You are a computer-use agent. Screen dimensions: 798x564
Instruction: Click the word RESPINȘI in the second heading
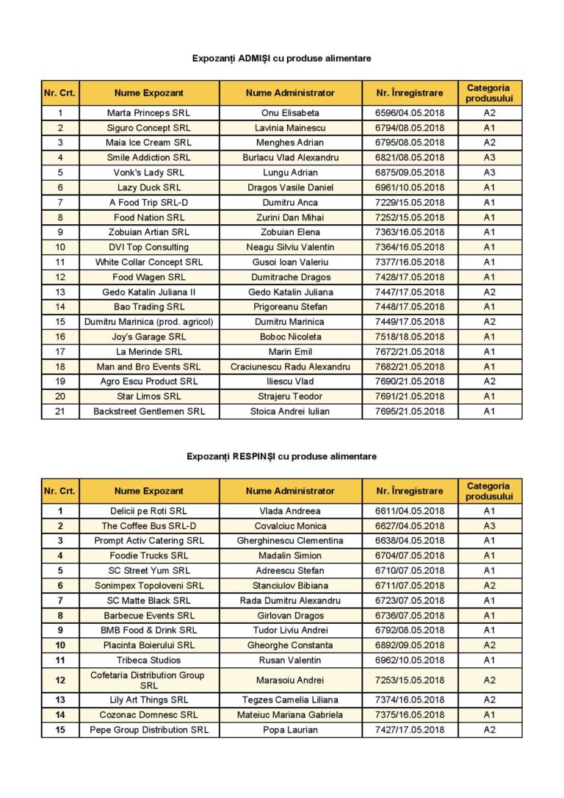tap(254, 456)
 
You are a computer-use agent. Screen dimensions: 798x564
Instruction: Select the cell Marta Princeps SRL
tap(149, 113)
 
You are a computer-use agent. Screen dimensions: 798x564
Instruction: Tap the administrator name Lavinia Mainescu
tap(290, 128)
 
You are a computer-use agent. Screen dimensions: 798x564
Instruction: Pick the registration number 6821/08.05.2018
tap(410, 157)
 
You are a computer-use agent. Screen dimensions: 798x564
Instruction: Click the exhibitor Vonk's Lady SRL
tap(149, 173)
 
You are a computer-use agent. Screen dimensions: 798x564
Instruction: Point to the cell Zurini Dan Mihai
tap(290, 218)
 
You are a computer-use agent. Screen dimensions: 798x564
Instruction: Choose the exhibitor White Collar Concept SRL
tap(149, 262)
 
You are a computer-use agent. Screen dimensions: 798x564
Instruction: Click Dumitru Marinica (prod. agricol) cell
tap(149, 322)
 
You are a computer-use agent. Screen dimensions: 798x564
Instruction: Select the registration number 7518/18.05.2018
tap(410, 337)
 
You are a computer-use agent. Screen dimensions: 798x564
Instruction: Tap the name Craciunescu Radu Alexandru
tap(290, 367)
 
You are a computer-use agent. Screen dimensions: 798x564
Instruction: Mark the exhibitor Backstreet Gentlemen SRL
tap(149, 411)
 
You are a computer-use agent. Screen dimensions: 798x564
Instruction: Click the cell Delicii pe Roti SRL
tap(149, 511)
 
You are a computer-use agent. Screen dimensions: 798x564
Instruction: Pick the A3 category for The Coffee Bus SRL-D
tap(489, 526)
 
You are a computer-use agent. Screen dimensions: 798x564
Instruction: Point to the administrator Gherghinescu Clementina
tap(290, 541)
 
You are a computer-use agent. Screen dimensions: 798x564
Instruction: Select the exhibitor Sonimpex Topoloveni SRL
tap(149, 586)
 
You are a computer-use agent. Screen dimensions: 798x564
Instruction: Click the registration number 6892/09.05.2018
tap(410, 645)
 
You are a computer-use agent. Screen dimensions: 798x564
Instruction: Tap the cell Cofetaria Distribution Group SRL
tap(149, 680)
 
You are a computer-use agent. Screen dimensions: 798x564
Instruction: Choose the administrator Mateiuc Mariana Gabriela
tap(290, 714)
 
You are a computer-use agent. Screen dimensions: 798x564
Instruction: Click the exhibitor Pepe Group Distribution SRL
tap(149, 730)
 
